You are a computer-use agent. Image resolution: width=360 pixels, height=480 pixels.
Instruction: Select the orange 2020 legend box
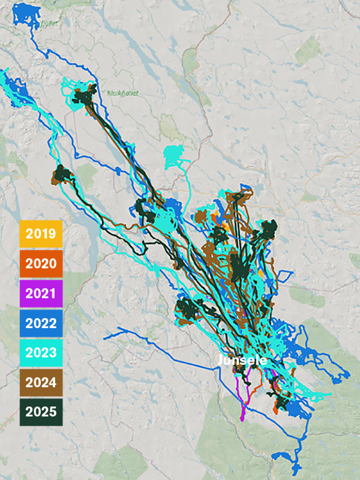point(41,263)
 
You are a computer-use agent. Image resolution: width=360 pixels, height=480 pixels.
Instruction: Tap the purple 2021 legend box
point(41,293)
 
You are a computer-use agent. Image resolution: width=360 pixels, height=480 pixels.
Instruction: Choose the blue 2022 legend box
point(41,323)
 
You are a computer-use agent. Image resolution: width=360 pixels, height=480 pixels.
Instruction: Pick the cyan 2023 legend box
point(41,352)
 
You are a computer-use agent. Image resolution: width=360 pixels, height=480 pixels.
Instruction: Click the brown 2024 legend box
point(41,382)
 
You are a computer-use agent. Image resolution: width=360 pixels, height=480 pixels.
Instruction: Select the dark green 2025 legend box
point(41,412)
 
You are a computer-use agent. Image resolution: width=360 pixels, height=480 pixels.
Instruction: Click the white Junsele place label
point(242,361)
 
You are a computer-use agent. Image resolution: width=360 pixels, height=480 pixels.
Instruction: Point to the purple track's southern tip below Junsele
point(242,418)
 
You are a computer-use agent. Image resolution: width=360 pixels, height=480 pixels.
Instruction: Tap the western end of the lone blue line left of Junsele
point(105,337)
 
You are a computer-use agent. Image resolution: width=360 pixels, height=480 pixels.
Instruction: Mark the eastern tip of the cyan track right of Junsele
point(329,395)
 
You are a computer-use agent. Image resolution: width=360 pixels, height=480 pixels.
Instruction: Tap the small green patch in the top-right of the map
point(310,48)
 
